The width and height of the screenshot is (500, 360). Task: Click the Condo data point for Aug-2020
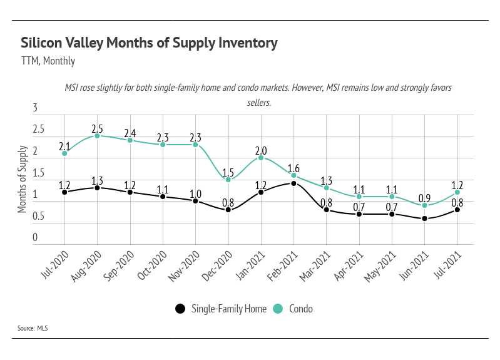(x=97, y=136)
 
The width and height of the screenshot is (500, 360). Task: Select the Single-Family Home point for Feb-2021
(x=293, y=183)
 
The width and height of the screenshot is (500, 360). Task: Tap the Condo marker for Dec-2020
(x=228, y=180)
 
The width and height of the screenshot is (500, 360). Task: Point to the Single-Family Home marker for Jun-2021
(x=425, y=219)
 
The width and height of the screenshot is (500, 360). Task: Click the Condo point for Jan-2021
(x=261, y=158)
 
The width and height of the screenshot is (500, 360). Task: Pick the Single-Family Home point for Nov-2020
(x=195, y=201)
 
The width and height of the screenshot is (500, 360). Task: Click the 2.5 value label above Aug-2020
(x=97, y=127)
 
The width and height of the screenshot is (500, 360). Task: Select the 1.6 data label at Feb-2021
(x=293, y=168)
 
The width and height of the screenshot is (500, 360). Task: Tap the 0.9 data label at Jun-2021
(x=425, y=197)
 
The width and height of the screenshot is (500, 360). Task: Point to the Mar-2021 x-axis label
(x=317, y=263)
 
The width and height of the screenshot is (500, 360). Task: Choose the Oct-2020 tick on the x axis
(x=153, y=263)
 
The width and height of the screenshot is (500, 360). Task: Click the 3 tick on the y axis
(x=35, y=108)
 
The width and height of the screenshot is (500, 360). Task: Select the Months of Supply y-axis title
(x=23, y=179)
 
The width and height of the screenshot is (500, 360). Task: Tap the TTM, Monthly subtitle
(x=48, y=61)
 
